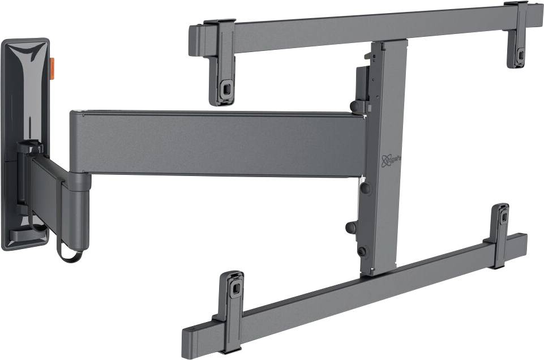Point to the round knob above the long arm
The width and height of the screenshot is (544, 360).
point(357,106)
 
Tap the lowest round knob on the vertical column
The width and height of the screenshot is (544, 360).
point(362,251)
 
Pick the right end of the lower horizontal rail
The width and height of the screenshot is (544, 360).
point(521,242)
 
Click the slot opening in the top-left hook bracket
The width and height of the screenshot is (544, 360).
point(226,89)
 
